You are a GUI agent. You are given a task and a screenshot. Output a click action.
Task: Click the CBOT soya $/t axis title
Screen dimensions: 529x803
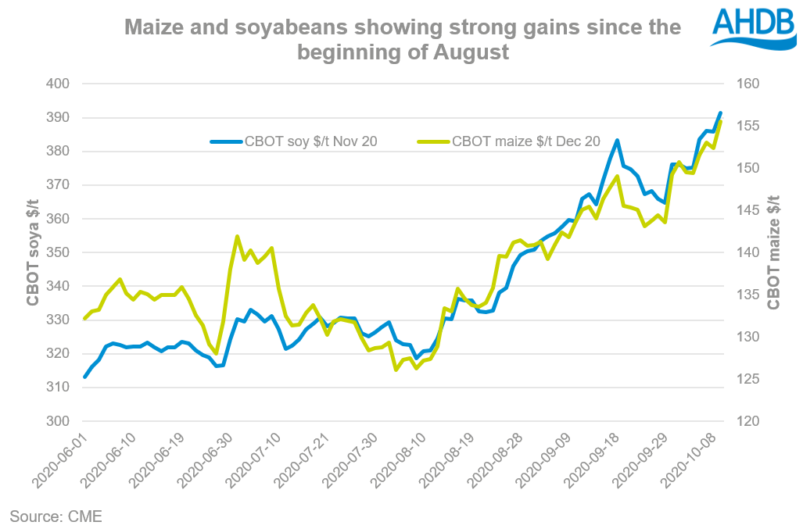click(32, 252)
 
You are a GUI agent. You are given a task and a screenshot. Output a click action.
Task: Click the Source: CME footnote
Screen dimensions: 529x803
click(56, 516)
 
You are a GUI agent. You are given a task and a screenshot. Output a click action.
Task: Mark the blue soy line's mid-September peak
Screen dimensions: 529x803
click(618, 141)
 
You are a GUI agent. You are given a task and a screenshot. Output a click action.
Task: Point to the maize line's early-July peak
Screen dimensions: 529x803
click(237, 236)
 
